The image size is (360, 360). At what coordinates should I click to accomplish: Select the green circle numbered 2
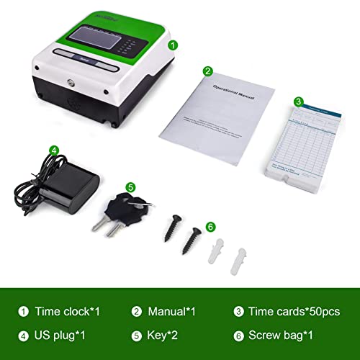[207, 71]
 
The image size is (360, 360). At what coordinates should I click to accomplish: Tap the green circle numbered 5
[130, 186]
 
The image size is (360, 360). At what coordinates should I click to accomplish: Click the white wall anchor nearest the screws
[213, 248]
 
